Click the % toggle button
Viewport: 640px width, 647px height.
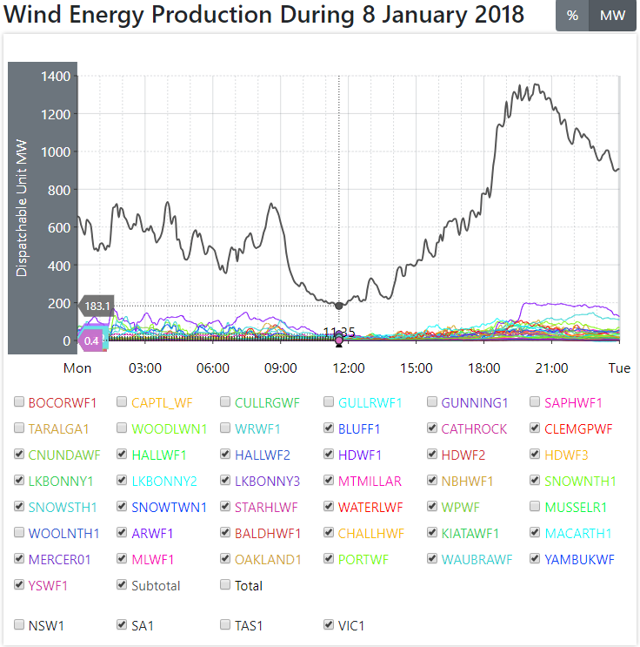(x=572, y=16)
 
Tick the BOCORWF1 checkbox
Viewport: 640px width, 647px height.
(x=19, y=402)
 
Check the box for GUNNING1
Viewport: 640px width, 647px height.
(x=432, y=402)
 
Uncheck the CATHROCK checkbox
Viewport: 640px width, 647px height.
(x=432, y=428)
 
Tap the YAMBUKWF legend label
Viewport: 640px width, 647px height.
(x=580, y=559)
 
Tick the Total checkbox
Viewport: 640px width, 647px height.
(x=225, y=585)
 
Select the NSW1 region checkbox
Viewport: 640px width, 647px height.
(x=19, y=624)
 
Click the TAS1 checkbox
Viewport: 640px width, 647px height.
(x=225, y=624)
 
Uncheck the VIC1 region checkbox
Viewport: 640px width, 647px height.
(x=329, y=624)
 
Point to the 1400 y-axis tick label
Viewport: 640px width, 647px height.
(x=56, y=77)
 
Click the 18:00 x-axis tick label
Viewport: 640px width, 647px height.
(x=483, y=368)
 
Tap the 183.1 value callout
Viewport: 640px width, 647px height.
(x=97, y=307)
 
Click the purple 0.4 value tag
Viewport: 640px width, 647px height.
(x=92, y=340)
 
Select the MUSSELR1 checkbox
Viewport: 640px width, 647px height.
(x=536, y=507)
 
